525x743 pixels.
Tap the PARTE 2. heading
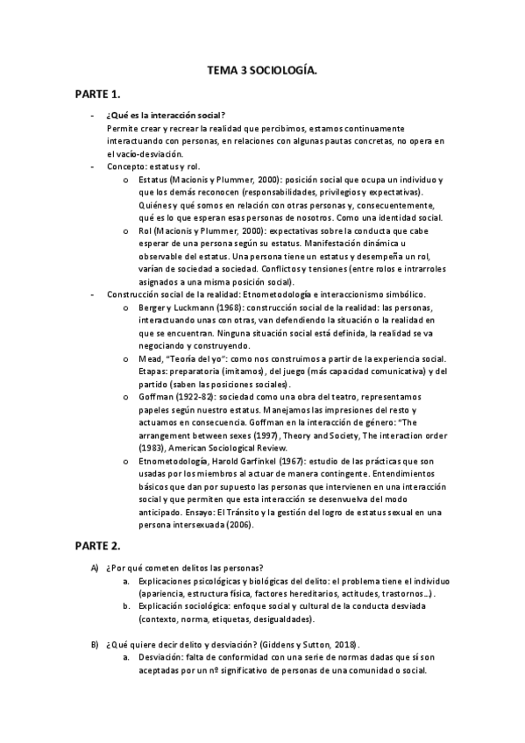[x=97, y=545]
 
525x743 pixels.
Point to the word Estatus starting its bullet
[x=153, y=179]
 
